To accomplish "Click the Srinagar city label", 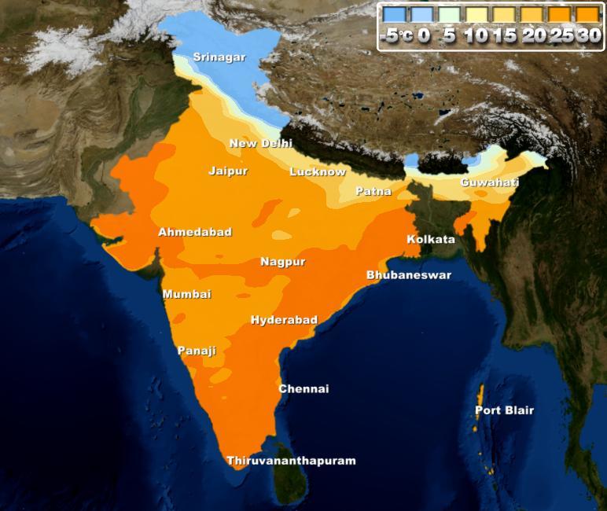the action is (219, 57).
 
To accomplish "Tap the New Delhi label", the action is (260, 144).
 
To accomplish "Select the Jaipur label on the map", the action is (228, 171).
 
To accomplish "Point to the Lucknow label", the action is (317, 171).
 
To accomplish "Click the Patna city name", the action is (373, 191).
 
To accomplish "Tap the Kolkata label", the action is (430, 239).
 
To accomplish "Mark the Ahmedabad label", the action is (195, 232).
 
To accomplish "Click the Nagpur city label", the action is (282, 262).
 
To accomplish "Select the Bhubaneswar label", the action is (409, 275).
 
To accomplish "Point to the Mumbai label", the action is (186, 294).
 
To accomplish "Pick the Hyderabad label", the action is (284, 320).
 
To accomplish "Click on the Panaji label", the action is (197, 351).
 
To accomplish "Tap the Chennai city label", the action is (303, 389).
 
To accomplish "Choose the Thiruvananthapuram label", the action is (291, 461).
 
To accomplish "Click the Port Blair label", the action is (504, 410).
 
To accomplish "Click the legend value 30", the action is (588, 36).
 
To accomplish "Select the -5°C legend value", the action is (396, 36).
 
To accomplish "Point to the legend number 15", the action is (506, 36).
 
